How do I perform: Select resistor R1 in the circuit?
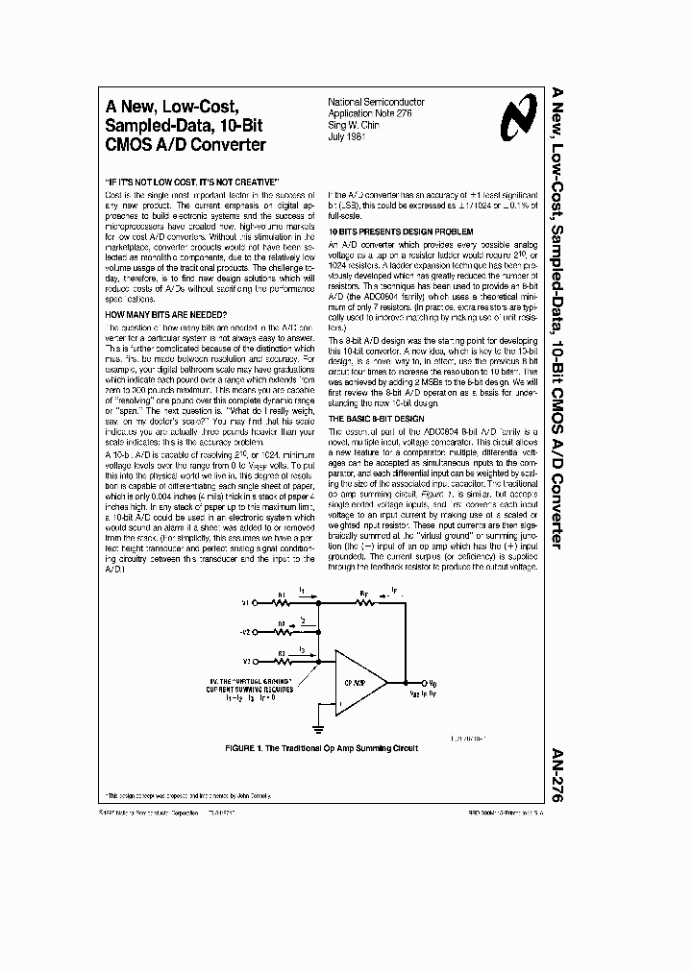(281, 604)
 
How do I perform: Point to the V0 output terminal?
(415, 681)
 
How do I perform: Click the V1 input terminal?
(245, 604)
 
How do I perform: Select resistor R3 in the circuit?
(281, 661)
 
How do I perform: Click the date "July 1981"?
(350, 135)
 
